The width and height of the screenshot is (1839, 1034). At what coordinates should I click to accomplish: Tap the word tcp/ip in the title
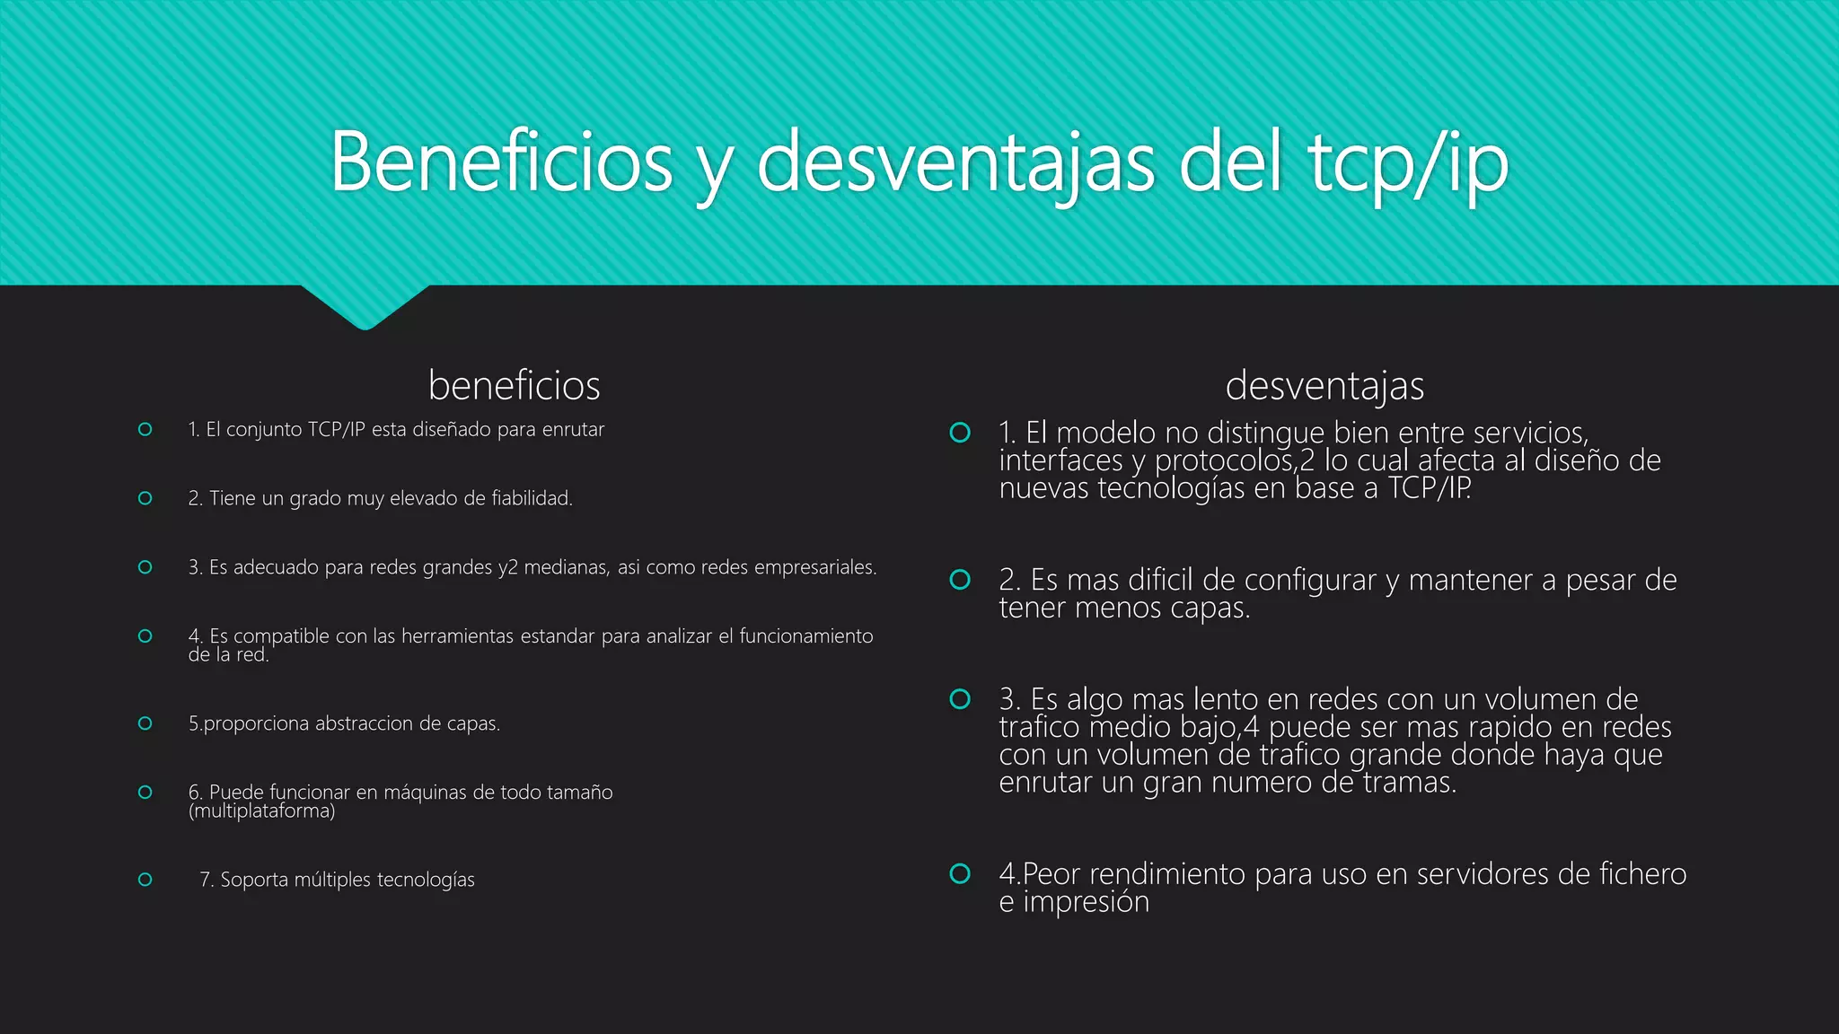pos(1408,163)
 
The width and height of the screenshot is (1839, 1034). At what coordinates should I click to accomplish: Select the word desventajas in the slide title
pos(955,163)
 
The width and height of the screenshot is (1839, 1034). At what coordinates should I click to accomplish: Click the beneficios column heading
pos(514,386)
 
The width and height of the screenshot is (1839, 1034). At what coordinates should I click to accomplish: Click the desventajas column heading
pos(1324,386)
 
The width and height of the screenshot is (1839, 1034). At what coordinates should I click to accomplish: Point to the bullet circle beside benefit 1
pos(145,430)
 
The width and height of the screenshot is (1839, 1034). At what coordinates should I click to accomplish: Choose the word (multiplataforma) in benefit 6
pos(261,811)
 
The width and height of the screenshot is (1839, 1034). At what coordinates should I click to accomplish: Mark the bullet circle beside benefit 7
pos(145,880)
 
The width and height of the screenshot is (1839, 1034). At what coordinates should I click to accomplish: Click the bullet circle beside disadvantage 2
pos(960,580)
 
